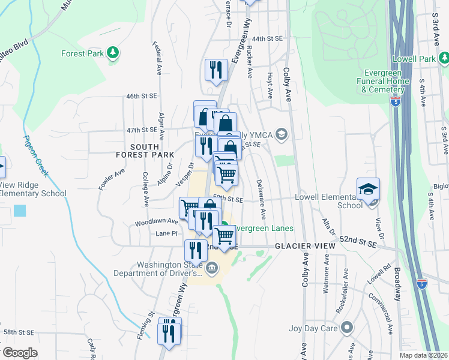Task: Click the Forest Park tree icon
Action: click(x=112, y=53)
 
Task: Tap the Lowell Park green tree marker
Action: click(x=444, y=59)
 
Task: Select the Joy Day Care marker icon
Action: click(x=346, y=328)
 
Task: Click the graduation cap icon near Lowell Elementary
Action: click(x=368, y=189)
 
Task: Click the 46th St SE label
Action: click(x=141, y=95)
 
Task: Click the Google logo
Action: click(x=19, y=353)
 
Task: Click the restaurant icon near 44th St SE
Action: click(x=215, y=70)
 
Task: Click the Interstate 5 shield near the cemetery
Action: click(x=394, y=102)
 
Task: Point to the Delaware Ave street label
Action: click(x=260, y=199)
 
